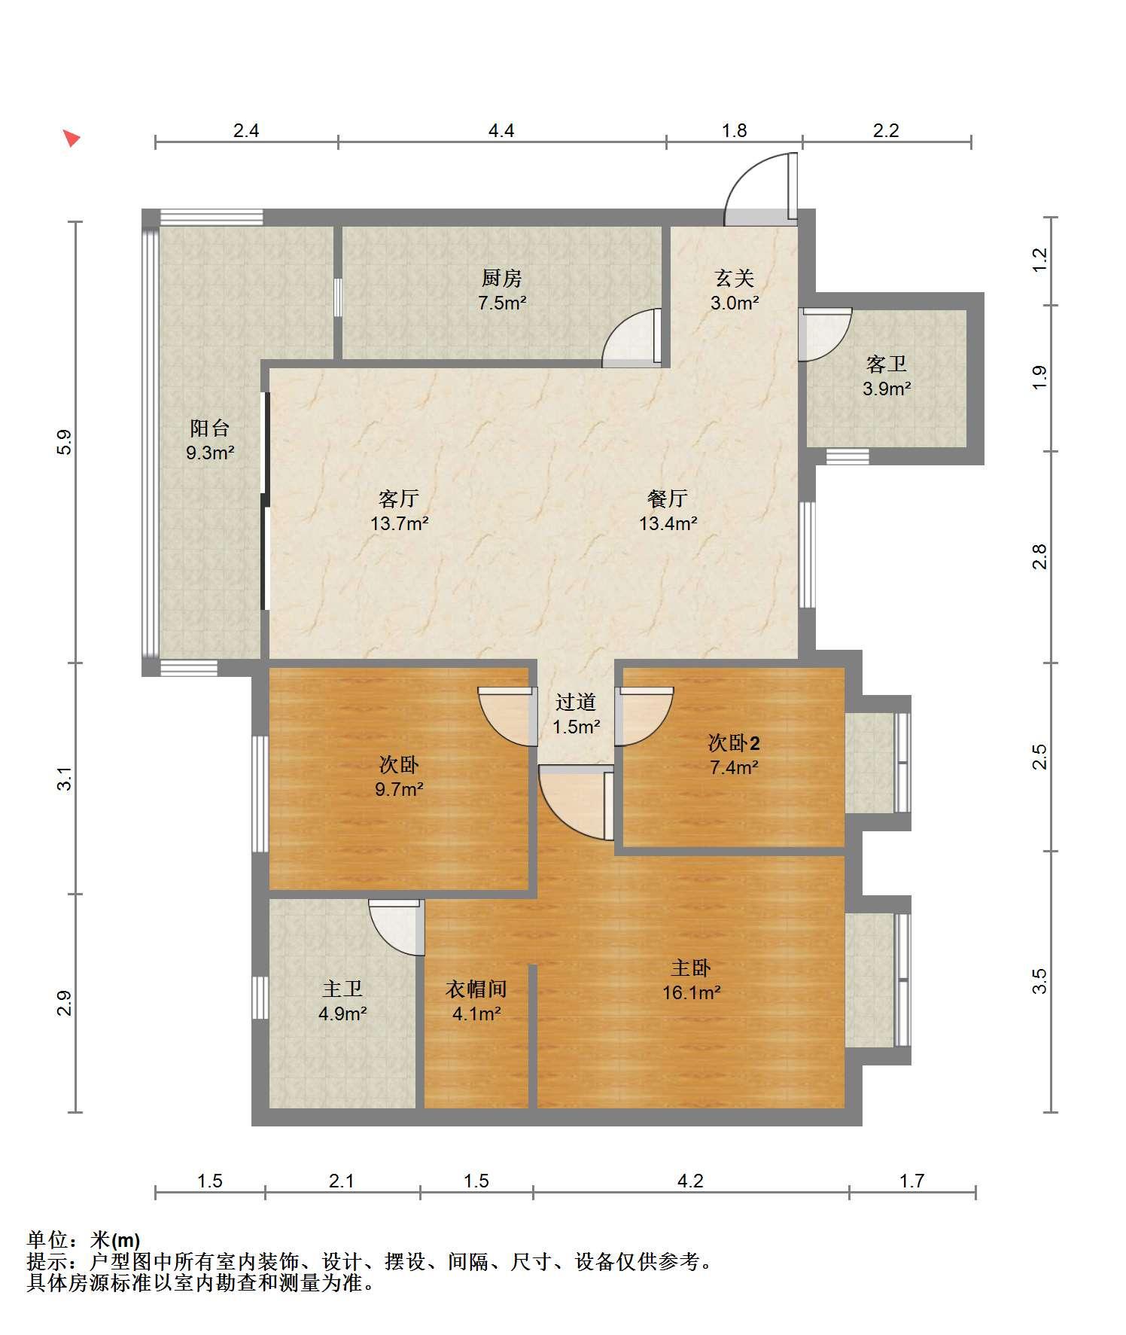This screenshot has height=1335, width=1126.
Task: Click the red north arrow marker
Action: point(72,139)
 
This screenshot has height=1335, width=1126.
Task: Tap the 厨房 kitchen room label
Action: point(502,279)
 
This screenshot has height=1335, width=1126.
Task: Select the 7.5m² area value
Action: point(502,303)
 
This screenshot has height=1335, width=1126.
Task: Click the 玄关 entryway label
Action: point(735,279)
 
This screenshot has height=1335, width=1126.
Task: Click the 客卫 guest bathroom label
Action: point(887,364)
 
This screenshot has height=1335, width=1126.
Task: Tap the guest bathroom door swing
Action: point(826,334)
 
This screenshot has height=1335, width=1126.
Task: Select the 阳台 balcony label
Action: point(210,428)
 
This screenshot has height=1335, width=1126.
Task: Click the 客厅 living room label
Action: point(399,498)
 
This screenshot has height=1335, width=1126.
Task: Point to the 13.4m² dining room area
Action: point(668,523)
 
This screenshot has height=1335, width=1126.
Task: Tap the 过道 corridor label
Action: point(576,702)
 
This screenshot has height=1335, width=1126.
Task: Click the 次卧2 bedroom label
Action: point(734,743)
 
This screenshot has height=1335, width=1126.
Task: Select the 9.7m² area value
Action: point(399,790)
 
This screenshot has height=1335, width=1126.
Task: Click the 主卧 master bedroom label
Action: point(691,968)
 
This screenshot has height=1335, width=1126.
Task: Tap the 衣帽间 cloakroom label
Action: point(476,989)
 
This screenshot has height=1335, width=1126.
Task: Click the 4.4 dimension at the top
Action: point(501,130)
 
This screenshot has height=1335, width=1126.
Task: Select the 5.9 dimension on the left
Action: point(65,441)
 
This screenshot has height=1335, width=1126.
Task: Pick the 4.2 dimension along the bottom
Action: point(690,1181)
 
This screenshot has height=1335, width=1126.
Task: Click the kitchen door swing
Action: point(631,338)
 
